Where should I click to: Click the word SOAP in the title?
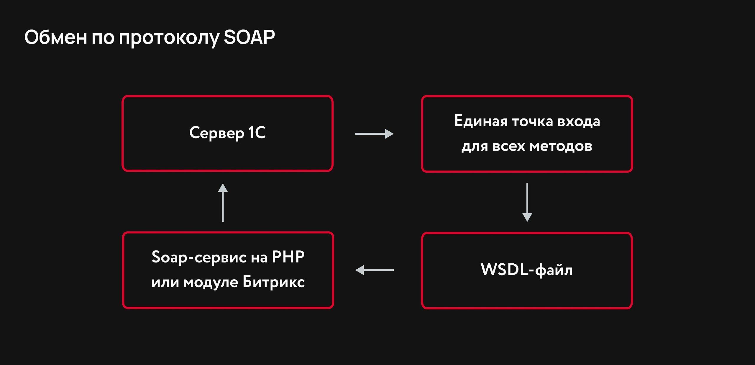click(x=249, y=37)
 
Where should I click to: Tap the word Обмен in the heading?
click(x=55, y=37)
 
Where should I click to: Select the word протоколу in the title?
click(x=169, y=38)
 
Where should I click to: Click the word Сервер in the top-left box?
click(x=216, y=133)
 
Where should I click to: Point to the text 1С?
click(x=257, y=132)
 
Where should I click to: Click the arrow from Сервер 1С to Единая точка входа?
click(x=374, y=134)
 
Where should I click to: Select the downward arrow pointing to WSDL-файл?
click(x=527, y=202)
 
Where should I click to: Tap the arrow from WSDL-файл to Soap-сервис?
click(x=374, y=270)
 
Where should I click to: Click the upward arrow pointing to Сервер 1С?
click(x=223, y=202)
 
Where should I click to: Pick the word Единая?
click(x=480, y=121)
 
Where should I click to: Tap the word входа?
click(x=578, y=121)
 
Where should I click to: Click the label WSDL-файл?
click(x=527, y=270)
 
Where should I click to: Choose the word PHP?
click(x=288, y=257)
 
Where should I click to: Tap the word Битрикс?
click(x=273, y=282)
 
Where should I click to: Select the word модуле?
click(x=211, y=283)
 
